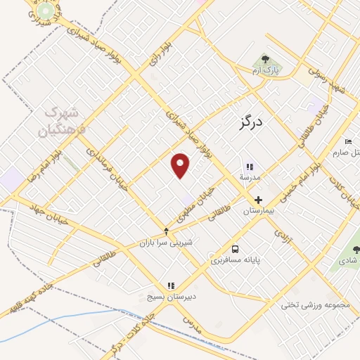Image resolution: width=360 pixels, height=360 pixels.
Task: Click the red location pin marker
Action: tap(181, 165)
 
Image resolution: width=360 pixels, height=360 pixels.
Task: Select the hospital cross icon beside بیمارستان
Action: tap(259, 200)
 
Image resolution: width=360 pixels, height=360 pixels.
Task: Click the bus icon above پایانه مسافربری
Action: tap(236, 249)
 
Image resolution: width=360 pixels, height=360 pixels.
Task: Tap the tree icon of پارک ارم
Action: tap(265, 60)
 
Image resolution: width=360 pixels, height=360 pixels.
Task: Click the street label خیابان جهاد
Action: tap(49, 212)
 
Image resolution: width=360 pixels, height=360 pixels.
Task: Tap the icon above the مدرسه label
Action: tap(248, 167)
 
